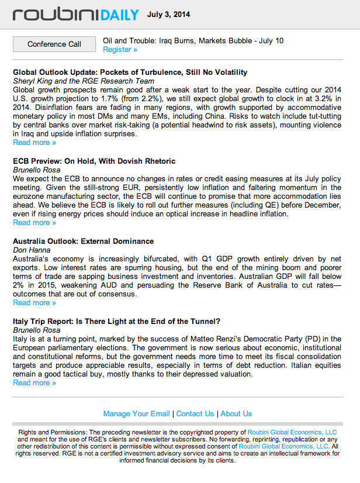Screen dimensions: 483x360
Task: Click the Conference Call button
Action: tap(54, 44)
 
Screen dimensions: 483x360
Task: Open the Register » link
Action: tap(120, 50)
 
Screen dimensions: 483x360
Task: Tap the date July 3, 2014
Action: tap(168, 15)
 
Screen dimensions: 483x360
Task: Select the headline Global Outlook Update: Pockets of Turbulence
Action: tap(130, 73)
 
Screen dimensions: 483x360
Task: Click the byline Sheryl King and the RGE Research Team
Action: tap(84, 81)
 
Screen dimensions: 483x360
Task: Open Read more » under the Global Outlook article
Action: tap(34, 143)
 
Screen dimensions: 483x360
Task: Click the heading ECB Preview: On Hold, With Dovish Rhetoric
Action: tap(94, 161)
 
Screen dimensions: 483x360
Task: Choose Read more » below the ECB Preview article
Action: tap(34, 223)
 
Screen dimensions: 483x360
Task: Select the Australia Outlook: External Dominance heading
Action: tap(83, 241)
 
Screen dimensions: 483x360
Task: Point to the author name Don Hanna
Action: tap(32, 250)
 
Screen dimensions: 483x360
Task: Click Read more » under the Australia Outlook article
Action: tap(34, 303)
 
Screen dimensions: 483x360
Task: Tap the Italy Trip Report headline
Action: tap(116, 322)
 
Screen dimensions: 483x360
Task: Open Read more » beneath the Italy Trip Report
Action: tap(34, 383)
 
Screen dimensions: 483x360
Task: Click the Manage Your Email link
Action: tap(136, 414)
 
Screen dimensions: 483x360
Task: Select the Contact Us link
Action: tap(195, 414)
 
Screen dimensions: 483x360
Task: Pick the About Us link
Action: tap(236, 414)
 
